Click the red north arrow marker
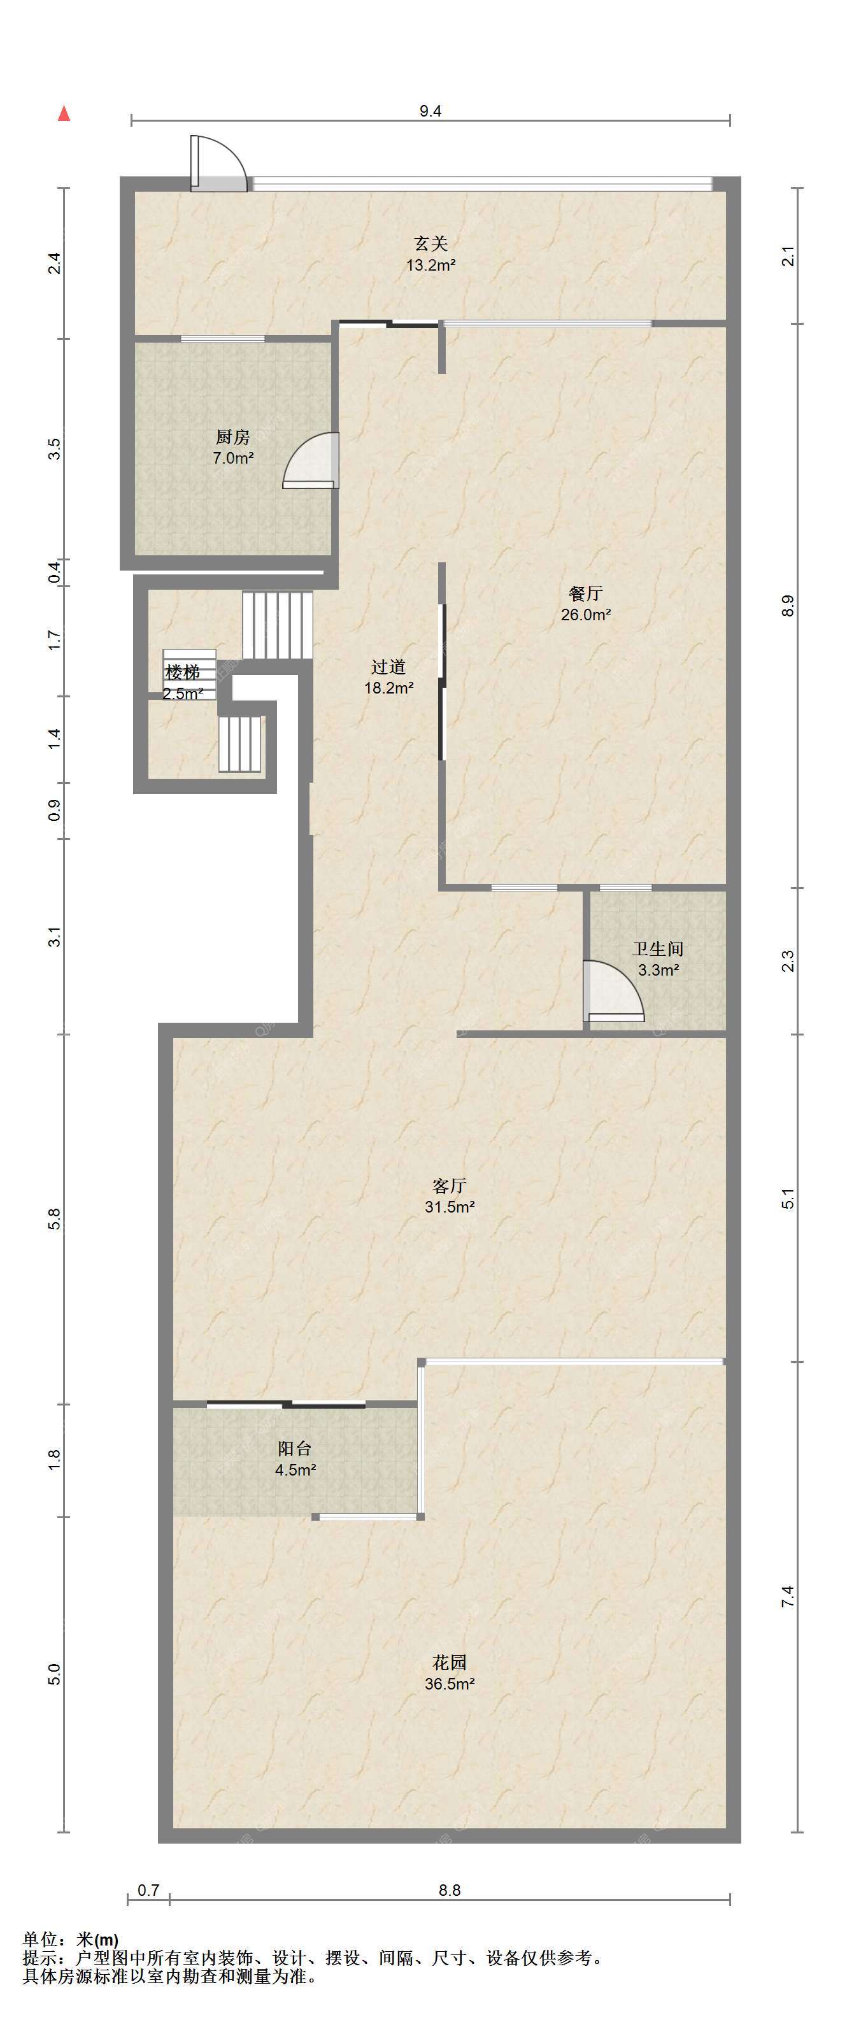click(x=65, y=114)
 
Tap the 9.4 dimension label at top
click(x=430, y=111)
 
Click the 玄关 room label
click(x=431, y=244)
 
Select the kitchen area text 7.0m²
click(x=233, y=458)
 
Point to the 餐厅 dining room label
click(x=586, y=594)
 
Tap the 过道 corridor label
click(x=388, y=667)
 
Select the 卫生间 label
click(x=658, y=950)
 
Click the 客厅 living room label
click(x=450, y=1185)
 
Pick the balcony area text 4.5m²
click(x=295, y=1470)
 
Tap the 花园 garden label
click(x=450, y=1661)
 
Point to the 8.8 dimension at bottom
click(x=450, y=1890)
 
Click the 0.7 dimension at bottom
click(x=148, y=1890)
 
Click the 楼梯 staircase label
click(x=183, y=672)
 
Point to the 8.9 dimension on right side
click(x=788, y=606)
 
